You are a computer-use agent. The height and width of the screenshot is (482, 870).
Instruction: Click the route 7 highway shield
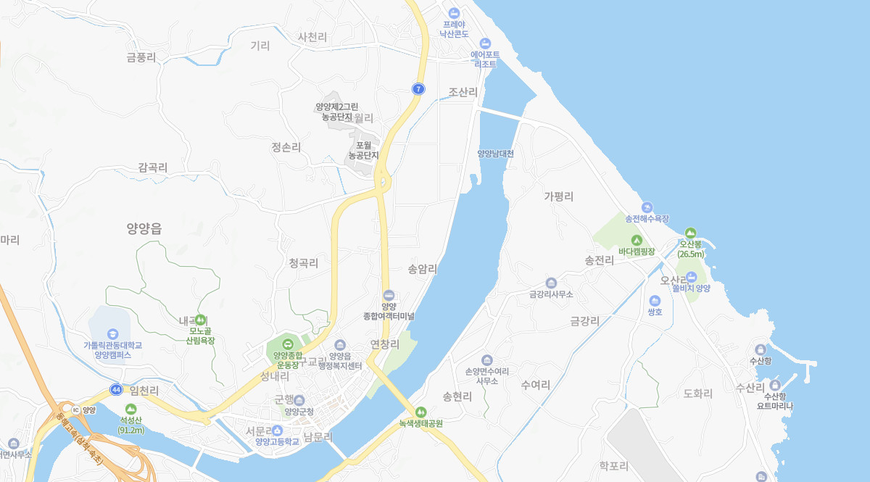pos(418,88)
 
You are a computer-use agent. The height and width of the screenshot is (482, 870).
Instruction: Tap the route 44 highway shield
pos(116,389)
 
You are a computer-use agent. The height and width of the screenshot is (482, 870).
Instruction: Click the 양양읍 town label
pos(144,228)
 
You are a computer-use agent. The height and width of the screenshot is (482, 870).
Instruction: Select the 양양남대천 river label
pos(495,154)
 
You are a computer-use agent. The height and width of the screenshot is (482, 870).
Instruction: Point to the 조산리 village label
pos(463,92)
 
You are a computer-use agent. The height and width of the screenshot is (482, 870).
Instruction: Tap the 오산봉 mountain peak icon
pos(690,233)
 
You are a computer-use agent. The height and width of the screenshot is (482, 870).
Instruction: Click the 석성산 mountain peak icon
pos(131,410)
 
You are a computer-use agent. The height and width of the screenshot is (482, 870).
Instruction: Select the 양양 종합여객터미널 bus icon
pos(389,295)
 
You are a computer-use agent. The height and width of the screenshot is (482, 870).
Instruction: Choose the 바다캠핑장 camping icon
pos(637,240)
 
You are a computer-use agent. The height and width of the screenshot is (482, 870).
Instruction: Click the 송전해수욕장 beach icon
pos(647,207)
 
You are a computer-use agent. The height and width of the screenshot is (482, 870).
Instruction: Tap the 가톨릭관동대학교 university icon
pos(112,333)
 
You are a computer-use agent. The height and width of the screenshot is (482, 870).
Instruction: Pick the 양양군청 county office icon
pos(299,400)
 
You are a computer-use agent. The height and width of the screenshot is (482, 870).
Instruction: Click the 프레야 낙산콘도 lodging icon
pos(454,13)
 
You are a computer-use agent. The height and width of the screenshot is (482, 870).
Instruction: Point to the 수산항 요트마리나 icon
pos(775,385)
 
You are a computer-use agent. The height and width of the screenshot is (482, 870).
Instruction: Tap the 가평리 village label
pos(559,196)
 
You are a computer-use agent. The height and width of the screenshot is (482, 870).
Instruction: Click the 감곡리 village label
pos(153,167)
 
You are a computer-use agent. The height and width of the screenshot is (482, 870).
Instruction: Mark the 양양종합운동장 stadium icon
pos(288,344)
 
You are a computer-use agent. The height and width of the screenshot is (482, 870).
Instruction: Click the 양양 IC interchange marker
pos(75,410)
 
